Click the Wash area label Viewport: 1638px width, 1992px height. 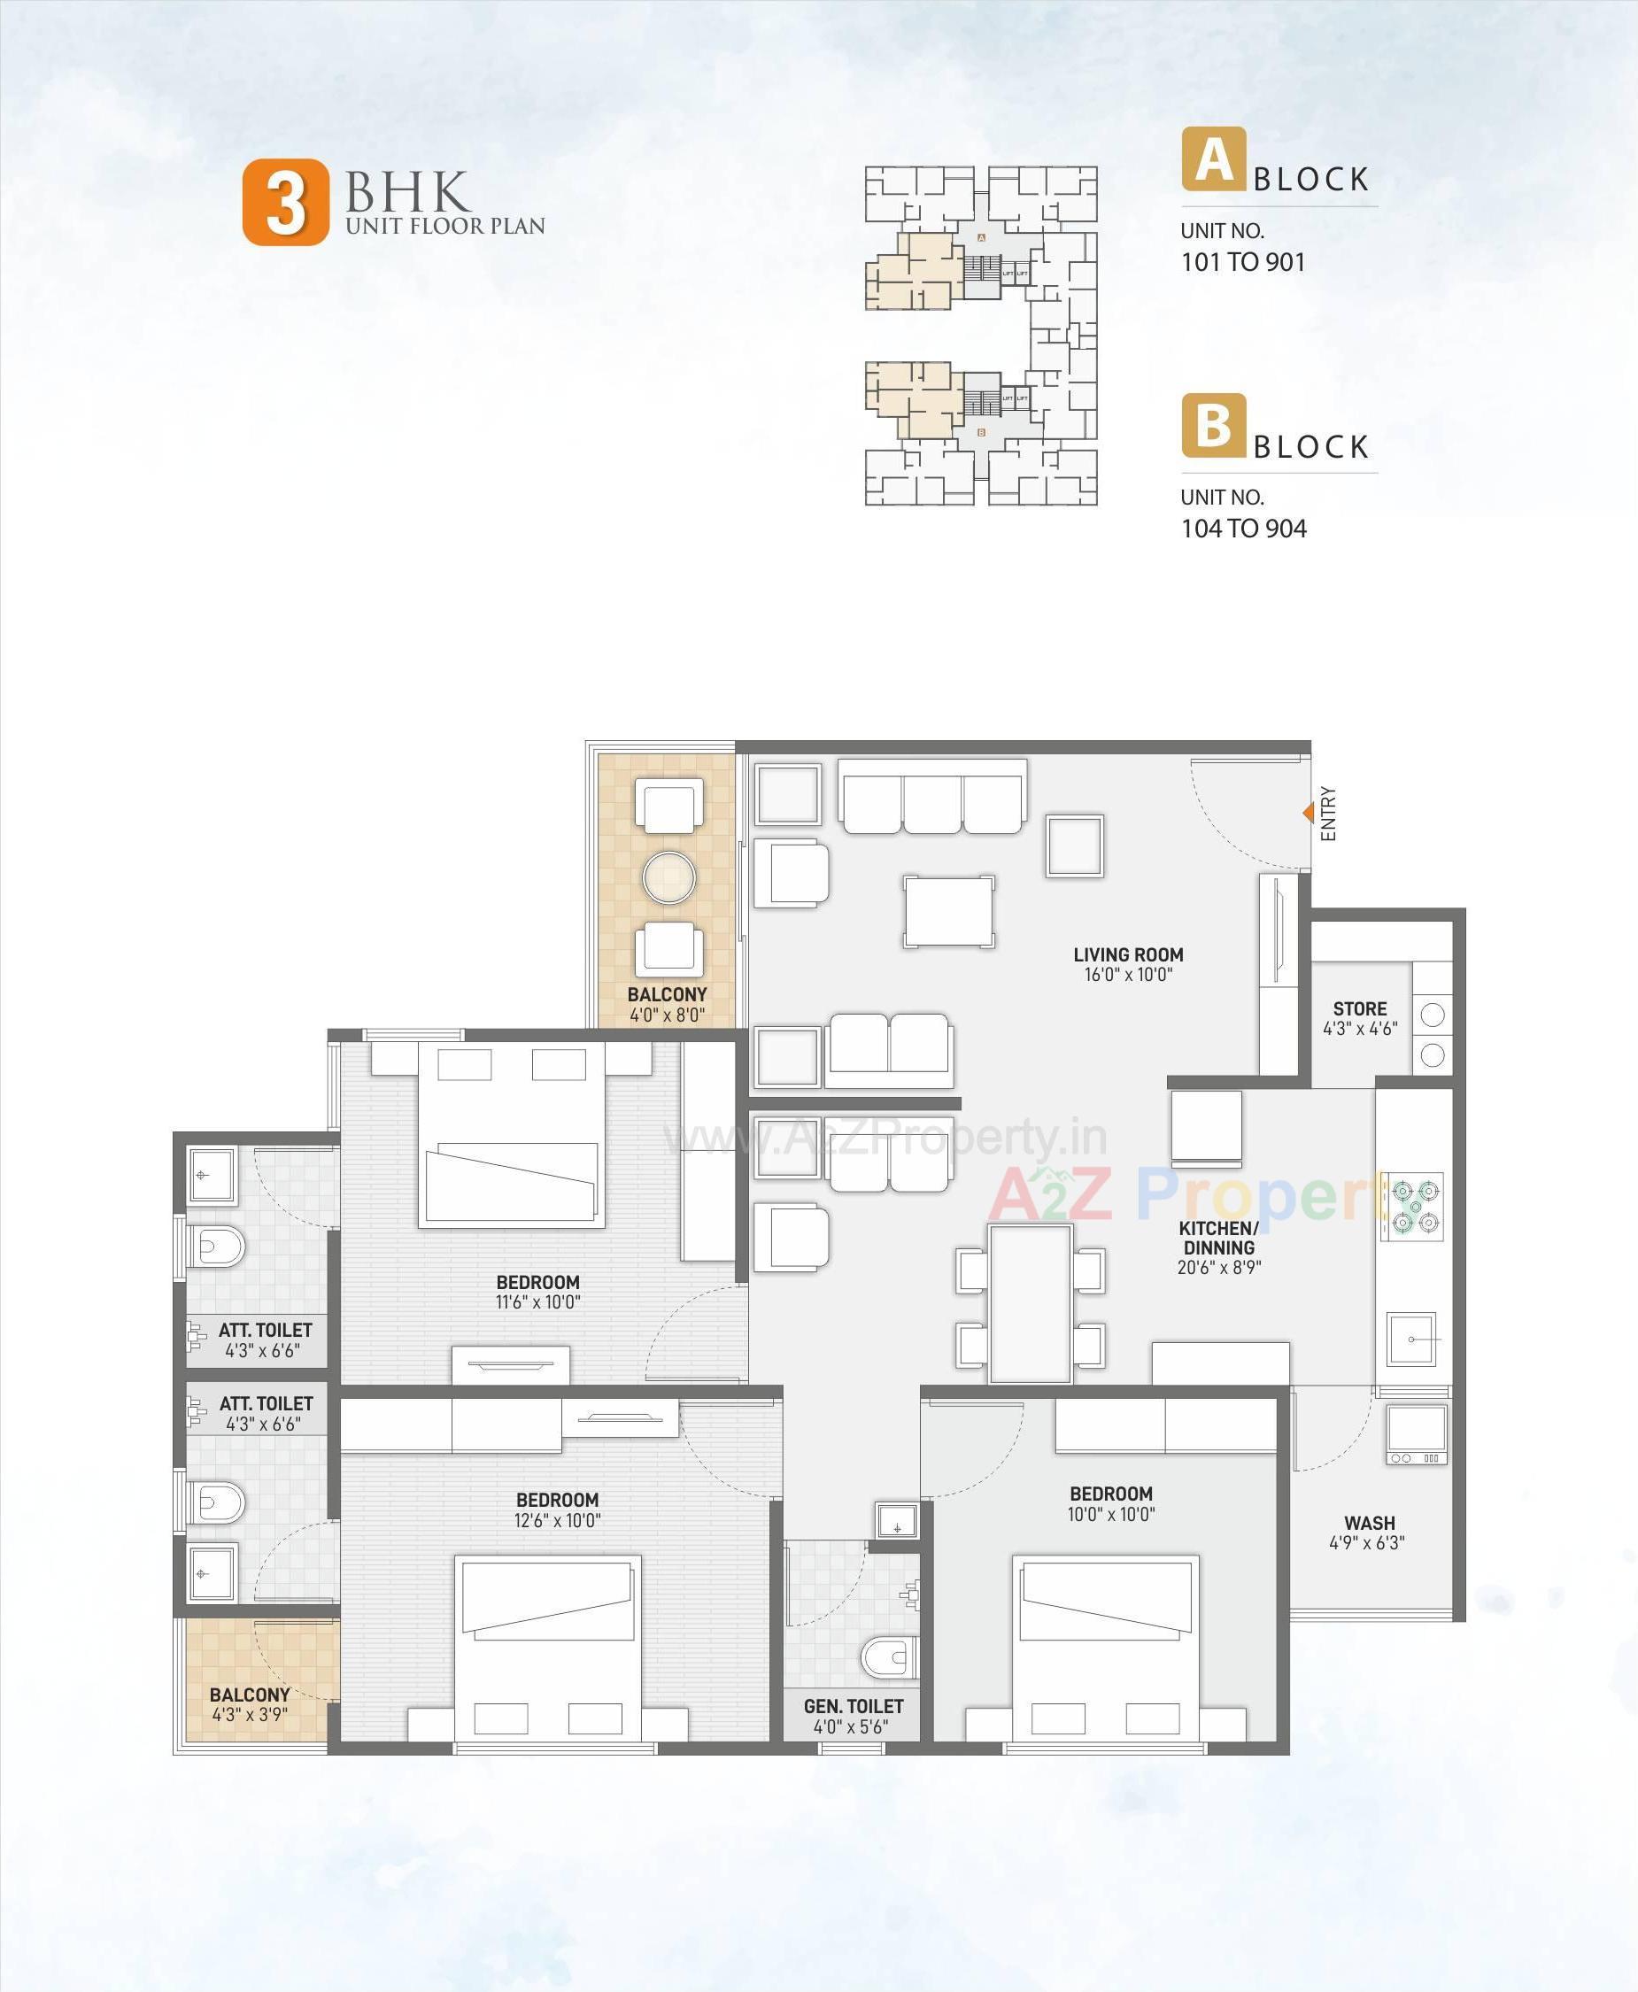tap(1369, 1523)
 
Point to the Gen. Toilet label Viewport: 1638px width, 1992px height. tap(853, 1706)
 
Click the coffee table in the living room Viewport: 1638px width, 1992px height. tap(948, 911)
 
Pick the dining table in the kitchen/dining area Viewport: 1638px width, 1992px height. tap(1031, 1304)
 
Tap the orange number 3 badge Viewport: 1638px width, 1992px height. tap(286, 203)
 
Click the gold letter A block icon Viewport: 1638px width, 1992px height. tap(1213, 159)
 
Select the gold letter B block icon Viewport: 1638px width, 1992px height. tap(1213, 426)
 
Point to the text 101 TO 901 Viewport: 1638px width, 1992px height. tap(1242, 262)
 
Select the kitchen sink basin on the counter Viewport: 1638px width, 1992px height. tap(1411, 1339)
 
